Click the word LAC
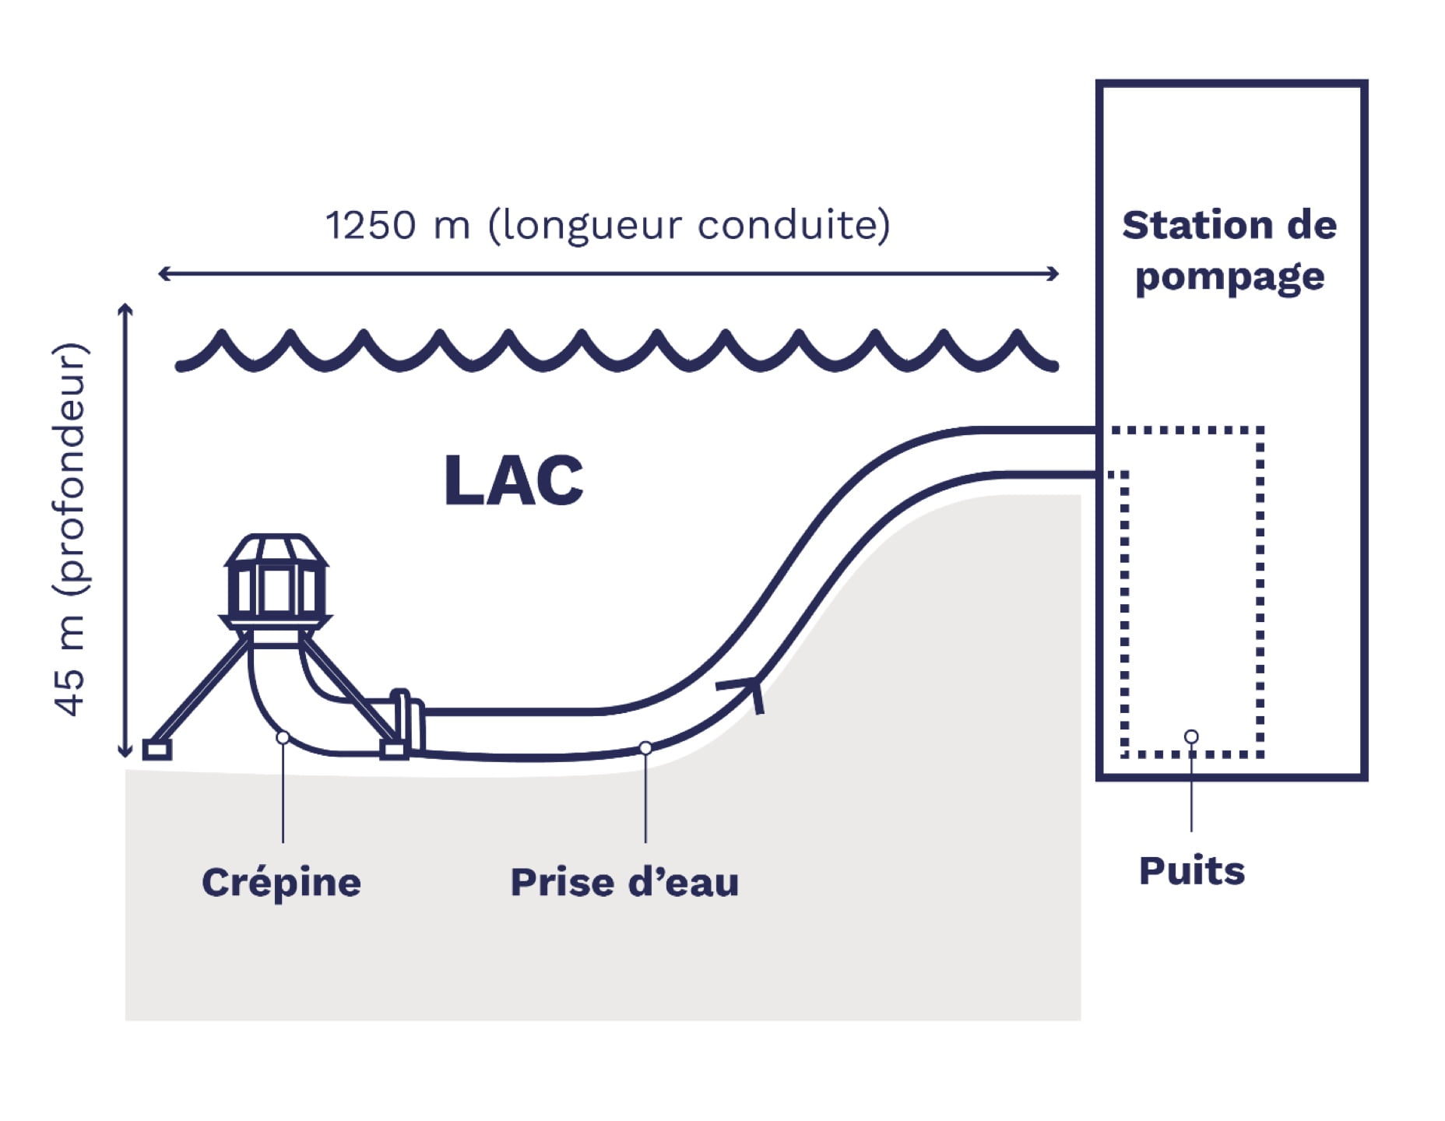[x=513, y=481]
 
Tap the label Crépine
[x=281, y=883]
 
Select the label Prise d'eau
[x=624, y=883]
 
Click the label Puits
[x=1191, y=871]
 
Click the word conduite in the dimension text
[x=787, y=226]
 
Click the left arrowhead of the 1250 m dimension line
[x=163, y=273]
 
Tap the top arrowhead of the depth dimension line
[x=125, y=308]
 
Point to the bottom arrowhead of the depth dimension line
[x=125, y=752]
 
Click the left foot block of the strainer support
[x=156, y=750]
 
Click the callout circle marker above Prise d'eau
[x=645, y=748]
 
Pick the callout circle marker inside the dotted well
[x=1191, y=736]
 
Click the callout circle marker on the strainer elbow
[x=283, y=737]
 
